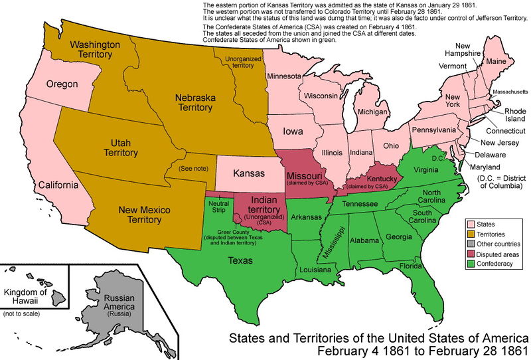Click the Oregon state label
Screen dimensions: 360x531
[x=62, y=84]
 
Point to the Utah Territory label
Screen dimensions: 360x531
[x=121, y=147]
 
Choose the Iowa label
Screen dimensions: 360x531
[x=294, y=131]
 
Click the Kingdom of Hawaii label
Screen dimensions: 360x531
[x=26, y=297]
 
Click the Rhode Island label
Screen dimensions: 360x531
[x=514, y=115]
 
